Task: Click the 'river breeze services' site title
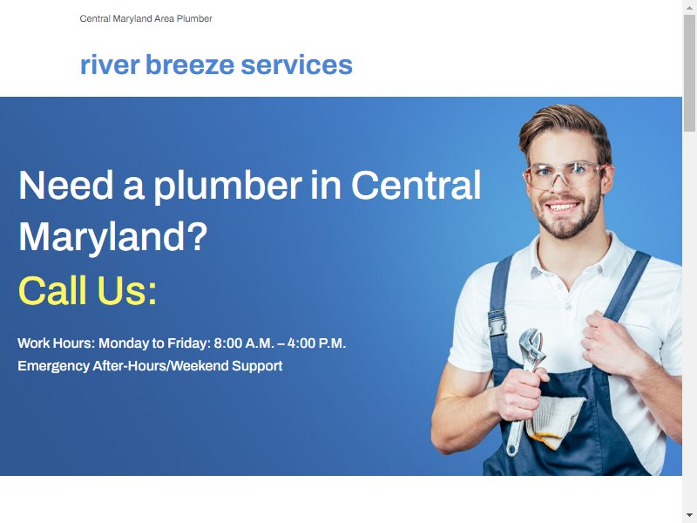[216, 65]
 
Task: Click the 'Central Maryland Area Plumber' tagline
[145, 18]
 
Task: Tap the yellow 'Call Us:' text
[88, 290]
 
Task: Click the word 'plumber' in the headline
[228, 185]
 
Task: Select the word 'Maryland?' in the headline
[113, 237]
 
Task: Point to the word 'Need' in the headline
[66, 185]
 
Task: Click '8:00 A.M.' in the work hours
[244, 343]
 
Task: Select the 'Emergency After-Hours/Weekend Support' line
[150, 366]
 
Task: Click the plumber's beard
[567, 218]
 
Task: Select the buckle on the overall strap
[497, 323]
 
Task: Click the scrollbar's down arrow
[689, 515]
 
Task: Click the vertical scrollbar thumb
[689, 73]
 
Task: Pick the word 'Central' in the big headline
[416, 185]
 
